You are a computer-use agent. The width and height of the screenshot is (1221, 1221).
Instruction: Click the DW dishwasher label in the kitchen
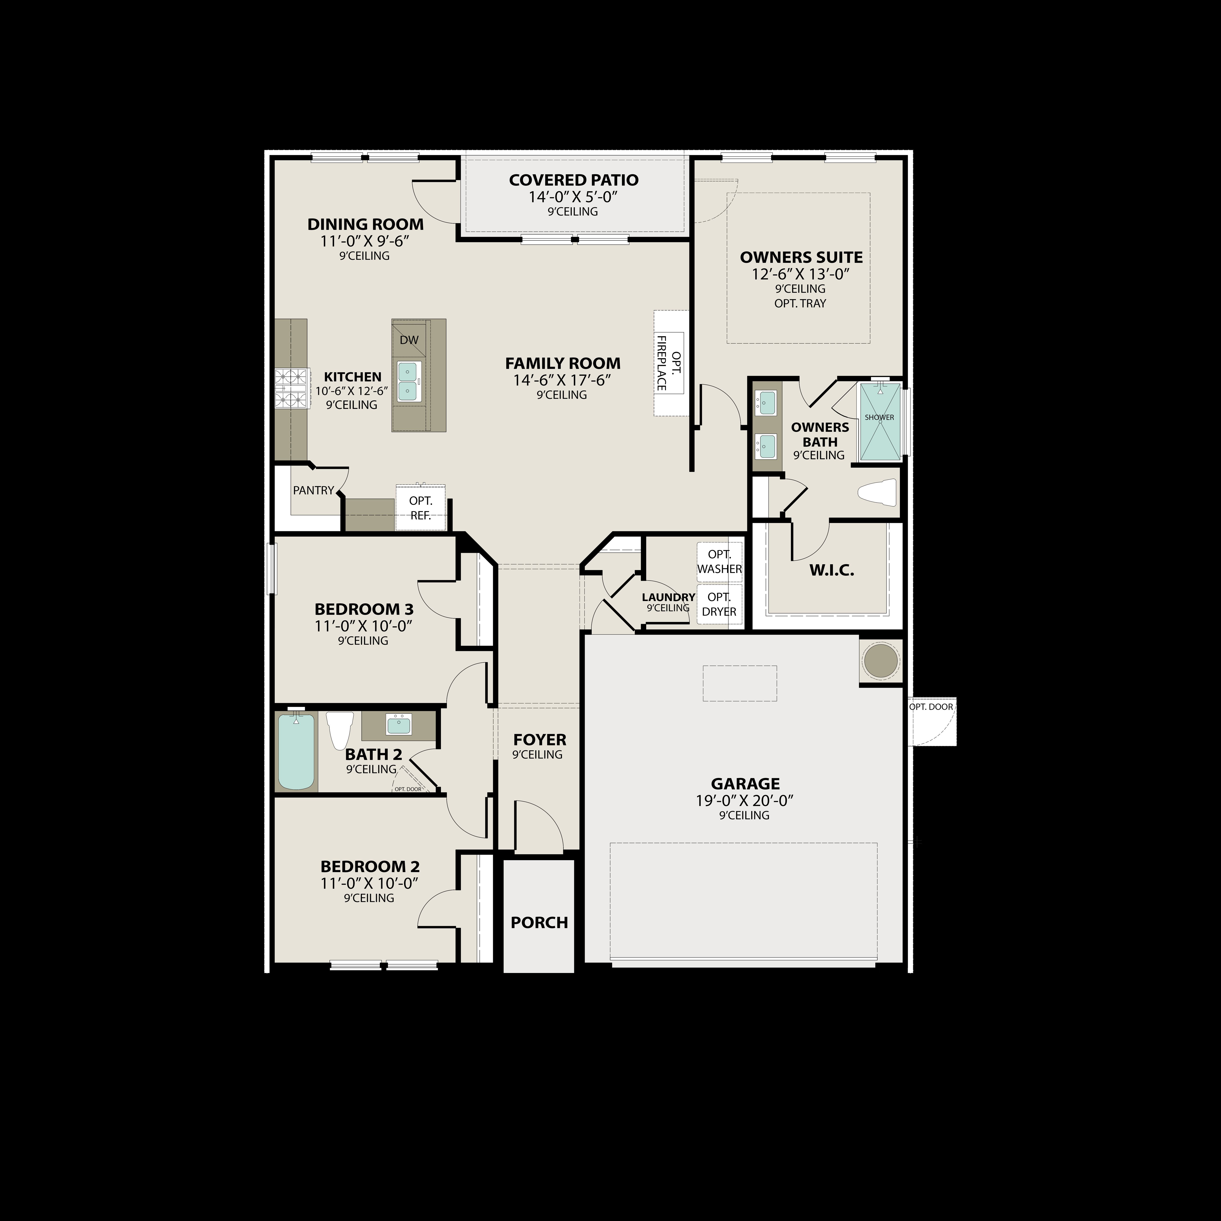pos(409,340)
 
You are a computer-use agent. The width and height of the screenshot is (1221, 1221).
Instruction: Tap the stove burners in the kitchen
pos(291,388)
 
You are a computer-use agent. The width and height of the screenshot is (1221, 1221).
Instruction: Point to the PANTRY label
pos(314,491)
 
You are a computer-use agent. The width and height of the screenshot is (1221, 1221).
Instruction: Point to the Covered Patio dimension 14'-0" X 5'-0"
pos(573,197)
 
